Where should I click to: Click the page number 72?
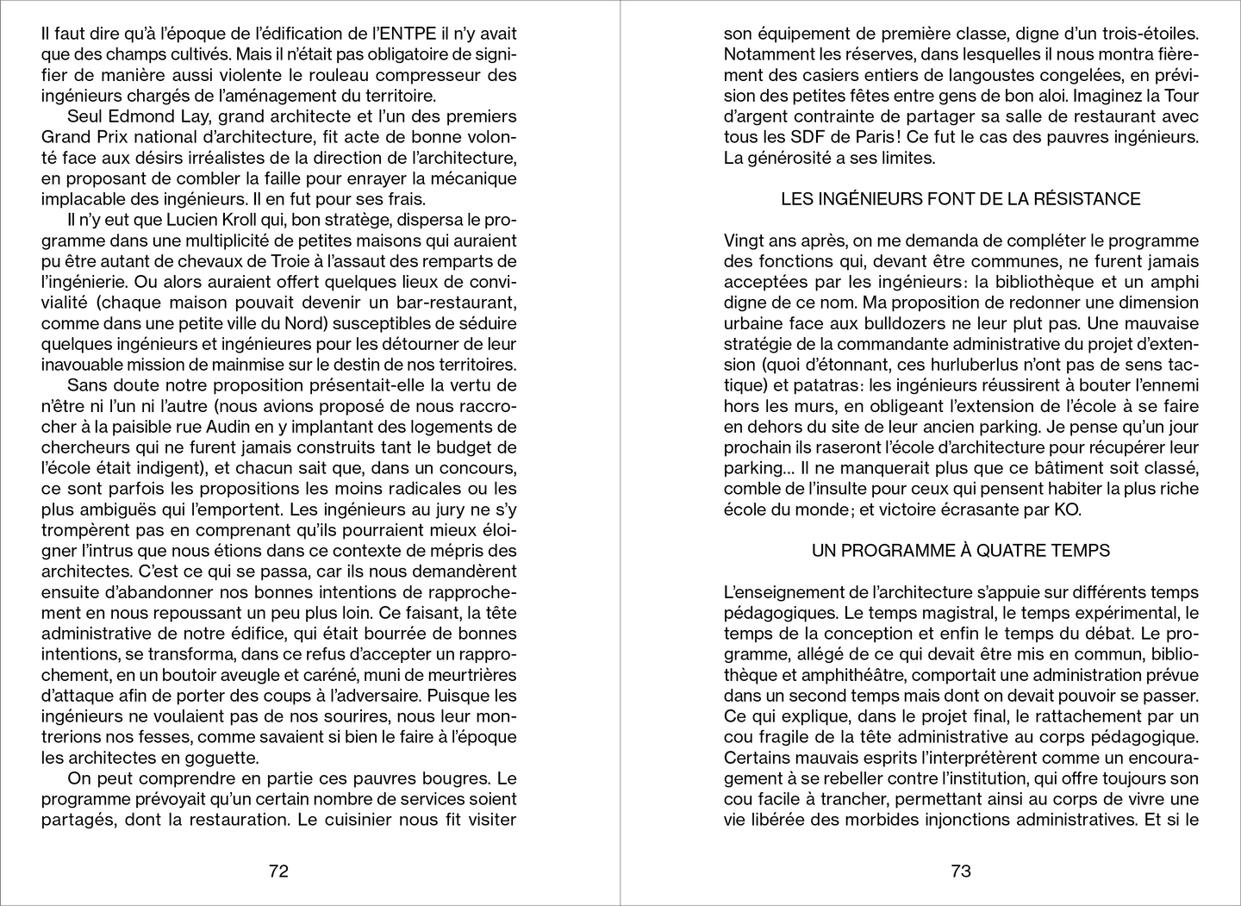[x=278, y=871]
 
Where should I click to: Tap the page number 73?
[x=961, y=871]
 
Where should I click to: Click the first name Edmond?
[x=135, y=116]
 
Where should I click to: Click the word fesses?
[x=198, y=737]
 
